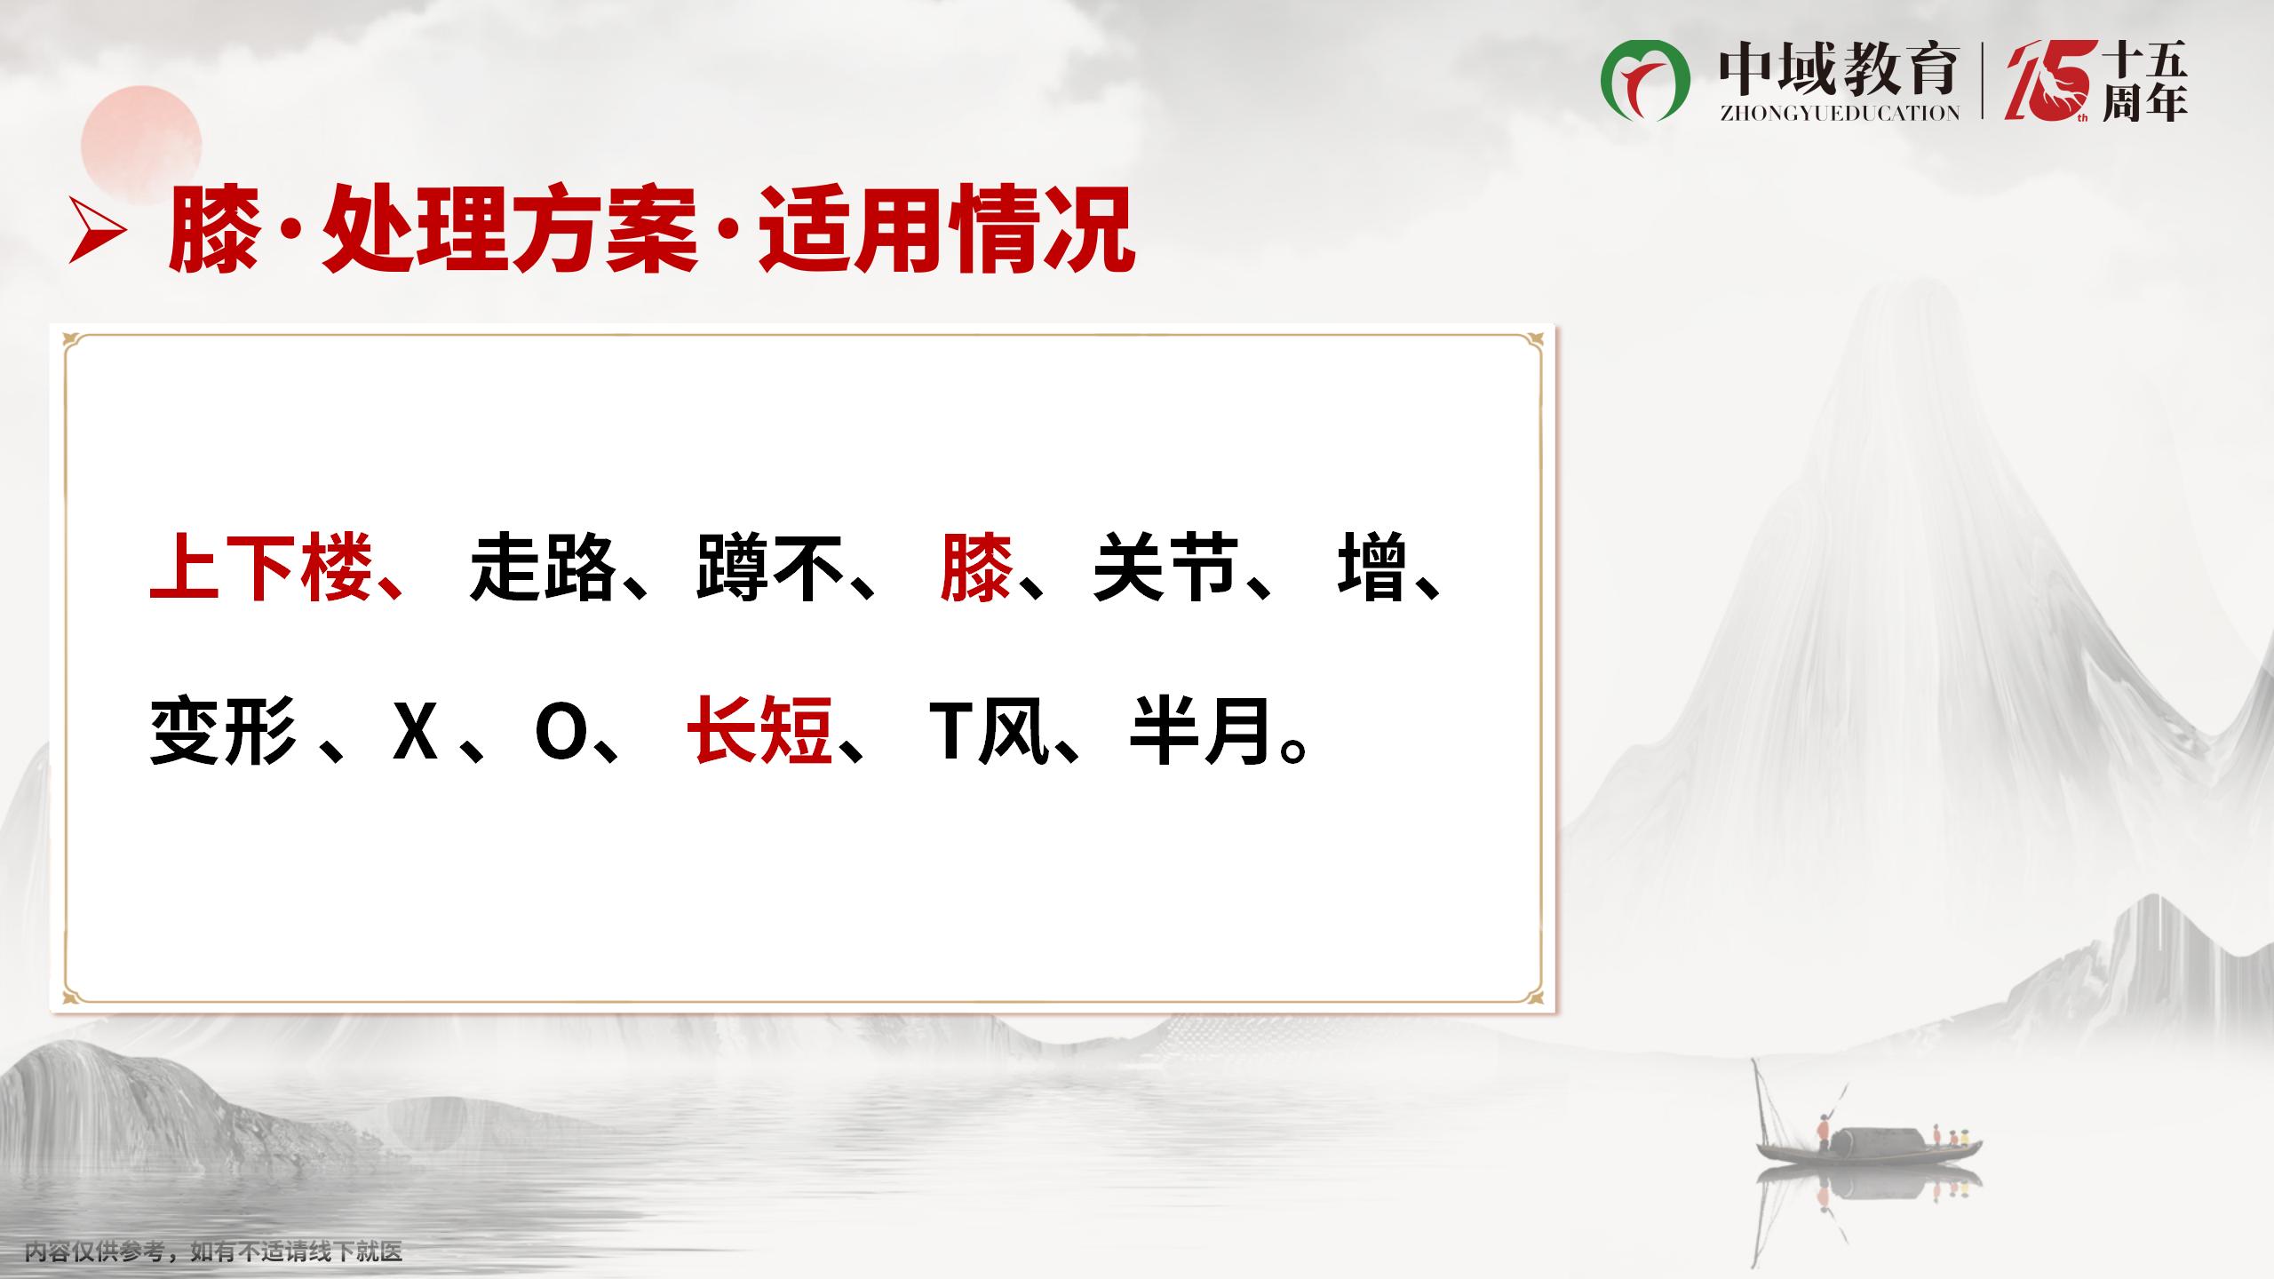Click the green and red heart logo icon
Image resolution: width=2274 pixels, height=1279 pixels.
(x=1645, y=81)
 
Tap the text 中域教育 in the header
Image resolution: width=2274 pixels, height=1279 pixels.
(x=1838, y=69)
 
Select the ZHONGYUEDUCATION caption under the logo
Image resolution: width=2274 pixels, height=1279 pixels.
(x=1838, y=114)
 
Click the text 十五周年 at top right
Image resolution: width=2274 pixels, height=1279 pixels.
(x=2144, y=83)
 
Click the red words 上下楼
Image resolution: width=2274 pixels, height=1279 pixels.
(x=261, y=567)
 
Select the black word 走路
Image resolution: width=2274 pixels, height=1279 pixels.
(x=543, y=567)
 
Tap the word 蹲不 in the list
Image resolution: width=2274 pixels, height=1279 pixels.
(x=770, y=567)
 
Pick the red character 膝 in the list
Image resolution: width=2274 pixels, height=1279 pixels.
(x=977, y=567)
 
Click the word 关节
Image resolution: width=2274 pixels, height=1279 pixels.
(x=1166, y=567)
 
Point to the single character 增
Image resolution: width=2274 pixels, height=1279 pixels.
(x=1373, y=567)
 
